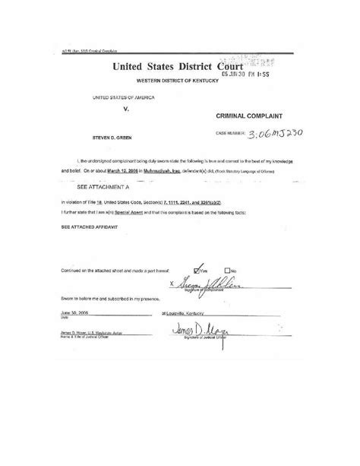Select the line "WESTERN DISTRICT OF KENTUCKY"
point(177,81)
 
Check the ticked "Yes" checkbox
point(198,268)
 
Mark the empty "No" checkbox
point(226,269)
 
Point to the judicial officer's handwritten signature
point(196,329)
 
